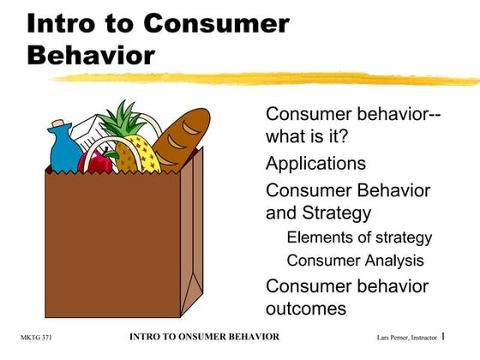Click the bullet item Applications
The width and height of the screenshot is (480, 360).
pos(315,163)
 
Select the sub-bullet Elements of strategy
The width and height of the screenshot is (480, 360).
pos(359,237)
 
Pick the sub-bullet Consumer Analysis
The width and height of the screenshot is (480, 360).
pos(355,260)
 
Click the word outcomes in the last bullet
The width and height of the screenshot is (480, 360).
pos(306,308)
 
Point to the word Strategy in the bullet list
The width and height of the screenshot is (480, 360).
pos(334,213)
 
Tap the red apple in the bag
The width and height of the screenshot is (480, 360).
pos(95,160)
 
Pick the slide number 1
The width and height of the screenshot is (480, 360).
pos(467,337)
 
